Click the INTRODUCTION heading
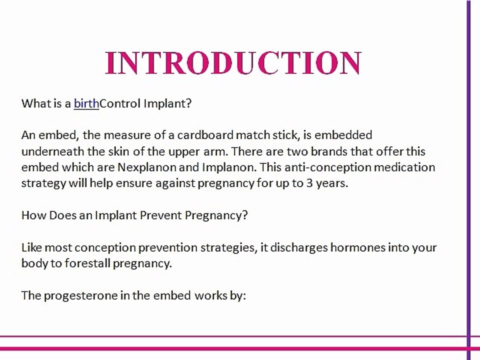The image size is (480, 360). point(233,63)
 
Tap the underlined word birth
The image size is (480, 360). point(86,103)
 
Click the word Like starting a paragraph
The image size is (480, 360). point(31,247)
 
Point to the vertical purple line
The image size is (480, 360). point(468,180)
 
